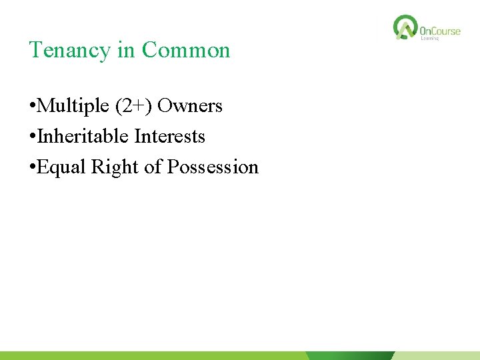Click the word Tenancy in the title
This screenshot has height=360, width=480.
70,51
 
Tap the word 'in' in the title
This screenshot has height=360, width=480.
127,51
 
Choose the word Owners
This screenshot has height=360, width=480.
190,106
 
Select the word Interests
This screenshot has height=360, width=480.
169,137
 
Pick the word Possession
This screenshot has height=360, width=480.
213,167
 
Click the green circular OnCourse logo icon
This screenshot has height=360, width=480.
405,27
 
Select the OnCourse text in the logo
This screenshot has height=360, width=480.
440,31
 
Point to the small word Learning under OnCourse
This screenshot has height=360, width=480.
430,39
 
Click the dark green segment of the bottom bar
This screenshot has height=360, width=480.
350,356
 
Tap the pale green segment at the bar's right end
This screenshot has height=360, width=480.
437,356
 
